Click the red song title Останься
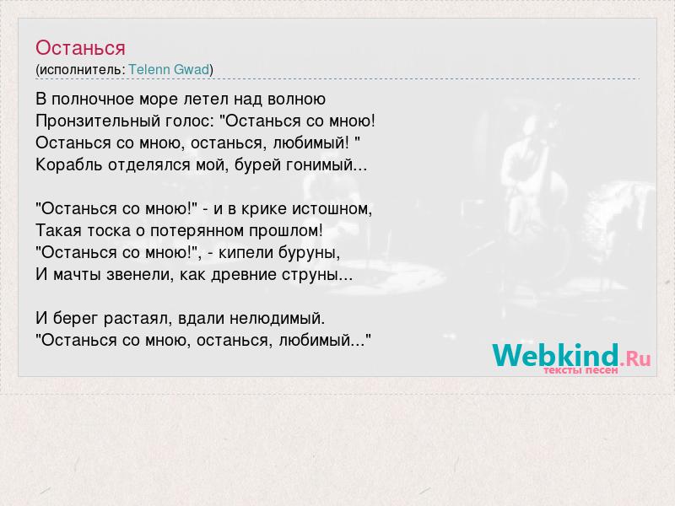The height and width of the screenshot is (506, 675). (x=80, y=48)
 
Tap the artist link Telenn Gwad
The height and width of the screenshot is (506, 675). (x=169, y=69)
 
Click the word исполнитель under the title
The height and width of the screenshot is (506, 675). (x=80, y=70)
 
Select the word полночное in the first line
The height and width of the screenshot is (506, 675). (x=93, y=100)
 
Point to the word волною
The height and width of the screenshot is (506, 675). (x=296, y=100)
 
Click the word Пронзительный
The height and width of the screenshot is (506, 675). (x=98, y=121)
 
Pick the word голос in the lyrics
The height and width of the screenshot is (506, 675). (x=189, y=121)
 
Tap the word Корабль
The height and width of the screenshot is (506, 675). (x=69, y=164)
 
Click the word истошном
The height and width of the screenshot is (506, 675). (x=332, y=208)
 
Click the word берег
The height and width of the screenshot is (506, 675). (x=75, y=319)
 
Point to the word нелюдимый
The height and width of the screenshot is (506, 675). (x=276, y=319)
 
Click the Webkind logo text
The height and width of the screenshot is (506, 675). (x=556, y=355)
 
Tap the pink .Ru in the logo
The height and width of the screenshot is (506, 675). (x=636, y=358)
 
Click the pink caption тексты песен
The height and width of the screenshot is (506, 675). (x=580, y=370)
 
